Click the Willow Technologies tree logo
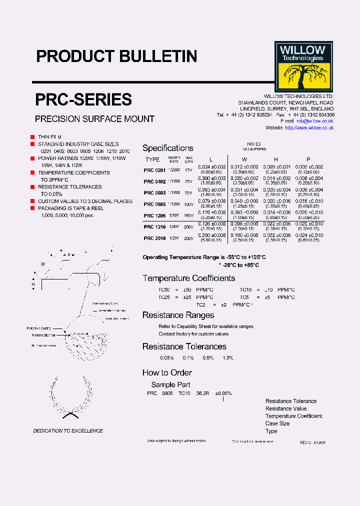[x=303, y=66]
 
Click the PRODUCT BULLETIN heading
[x=116, y=56]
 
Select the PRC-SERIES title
[x=83, y=99]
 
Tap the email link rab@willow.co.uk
[x=314, y=121]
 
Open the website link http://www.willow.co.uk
[x=309, y=128]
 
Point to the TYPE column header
[x=152, y=159]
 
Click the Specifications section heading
[x=168, y=148]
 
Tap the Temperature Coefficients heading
[x=188, y=278]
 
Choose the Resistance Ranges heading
[x=178, y=315]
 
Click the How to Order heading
[x=167, y=372]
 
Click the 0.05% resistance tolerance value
[x=166, y=358]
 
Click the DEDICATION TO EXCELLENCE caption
[x=68, y=430]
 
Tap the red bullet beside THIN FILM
[x=32, y=136]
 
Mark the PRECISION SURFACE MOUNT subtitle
[x=94, y=119]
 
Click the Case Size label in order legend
[x=277, y=423]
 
